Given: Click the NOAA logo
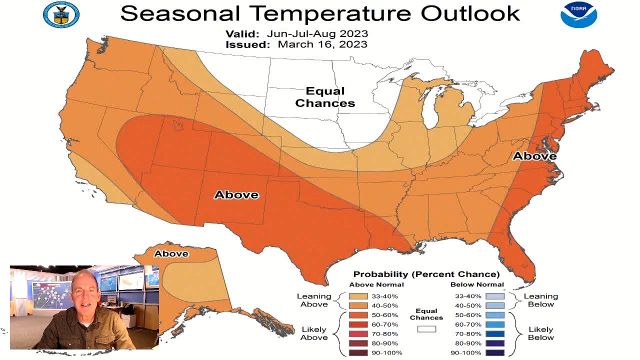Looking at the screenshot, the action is pyautogui.click(x=578, y=14).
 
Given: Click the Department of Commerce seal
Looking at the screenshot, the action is pyautogui.click(x=61, y=14).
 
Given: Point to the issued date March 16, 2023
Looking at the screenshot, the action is pyautogui.click(x=322, y=44).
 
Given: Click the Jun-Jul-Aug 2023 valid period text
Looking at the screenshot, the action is pyautogui.click(x=317, y=34).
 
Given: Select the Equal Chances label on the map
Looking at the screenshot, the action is pyautogui.click(x=325, y=97).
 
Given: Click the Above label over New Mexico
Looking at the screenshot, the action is pyautogui.click(x=236, y=194).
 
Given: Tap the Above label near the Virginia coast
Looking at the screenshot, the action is pyautogui.click(x=534, y=156).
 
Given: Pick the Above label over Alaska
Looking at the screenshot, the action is pyautogui.click(x=171, y=253).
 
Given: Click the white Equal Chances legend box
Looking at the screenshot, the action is pyautogui.click(x=426, y=329).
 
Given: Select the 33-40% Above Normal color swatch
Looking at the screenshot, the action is pyautogui.click(x=358, y=296).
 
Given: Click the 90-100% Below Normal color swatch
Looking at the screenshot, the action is pyautogui.click(x=494, y=352).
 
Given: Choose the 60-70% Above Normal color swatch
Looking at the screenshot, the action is pyautogui.click(x=358, y=324).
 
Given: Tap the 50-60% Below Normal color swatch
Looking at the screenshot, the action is pyautogui.click(x=494, y=315).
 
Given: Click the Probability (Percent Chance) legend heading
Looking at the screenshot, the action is pyautogui.click(x=426, y=274).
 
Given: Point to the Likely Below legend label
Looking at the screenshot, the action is pyautogui.click(x=540, y=333).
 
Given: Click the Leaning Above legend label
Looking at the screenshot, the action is pyautogui.click(x=314, y=300).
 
